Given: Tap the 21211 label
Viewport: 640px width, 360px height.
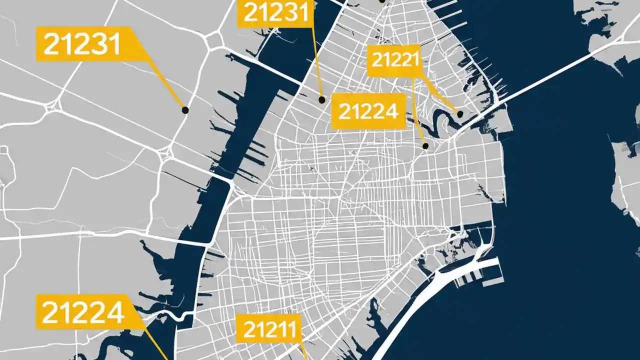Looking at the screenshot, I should click(x=269, y=328).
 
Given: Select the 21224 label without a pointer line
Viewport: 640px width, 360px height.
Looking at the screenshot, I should click(x=368, y=111).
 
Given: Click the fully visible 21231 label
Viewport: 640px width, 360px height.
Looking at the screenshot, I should click(x=82, y=44).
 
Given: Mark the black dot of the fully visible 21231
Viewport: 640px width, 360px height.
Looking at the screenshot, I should click(x=185, y=110).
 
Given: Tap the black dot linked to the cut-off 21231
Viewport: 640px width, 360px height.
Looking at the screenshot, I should click(x=322, y=100).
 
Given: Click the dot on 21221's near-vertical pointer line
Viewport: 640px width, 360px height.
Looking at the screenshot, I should click(x=425, y=146).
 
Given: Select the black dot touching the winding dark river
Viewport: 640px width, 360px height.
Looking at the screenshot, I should click(x=460, y=114).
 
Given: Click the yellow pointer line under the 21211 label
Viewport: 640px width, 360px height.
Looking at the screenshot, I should click(x=303, y=350).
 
